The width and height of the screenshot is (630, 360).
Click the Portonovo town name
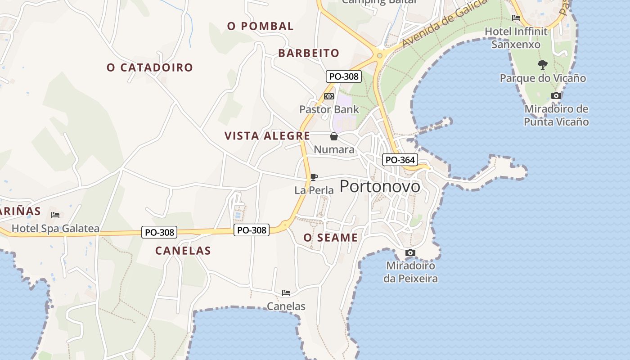(380, 186)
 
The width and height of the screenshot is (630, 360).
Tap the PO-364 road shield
(400, 160)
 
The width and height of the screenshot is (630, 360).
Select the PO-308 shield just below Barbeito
(344, 76)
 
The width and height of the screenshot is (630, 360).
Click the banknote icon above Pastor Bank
(329, 96)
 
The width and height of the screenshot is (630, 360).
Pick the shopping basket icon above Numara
(334, 136)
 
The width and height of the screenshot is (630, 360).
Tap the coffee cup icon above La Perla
(314, 177)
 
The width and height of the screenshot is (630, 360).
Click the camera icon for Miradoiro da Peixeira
(410, 252)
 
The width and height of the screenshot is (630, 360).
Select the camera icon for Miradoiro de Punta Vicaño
(556, 95)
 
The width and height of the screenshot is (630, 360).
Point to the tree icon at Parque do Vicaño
(543, 64)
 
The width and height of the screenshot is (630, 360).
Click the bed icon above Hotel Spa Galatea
(55, 215)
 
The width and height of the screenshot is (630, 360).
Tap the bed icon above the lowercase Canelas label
(286, 293)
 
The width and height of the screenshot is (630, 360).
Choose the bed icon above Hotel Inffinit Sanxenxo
(516, 18)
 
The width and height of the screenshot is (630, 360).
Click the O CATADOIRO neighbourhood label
(150, 67)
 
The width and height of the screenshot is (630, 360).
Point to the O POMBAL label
(260, 26)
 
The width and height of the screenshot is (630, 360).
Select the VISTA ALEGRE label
(267, 136)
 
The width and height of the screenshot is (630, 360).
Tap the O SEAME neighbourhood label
(330, 238)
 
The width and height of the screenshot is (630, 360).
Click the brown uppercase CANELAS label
(183, 251)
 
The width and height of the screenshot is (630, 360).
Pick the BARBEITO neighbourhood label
(309, 53)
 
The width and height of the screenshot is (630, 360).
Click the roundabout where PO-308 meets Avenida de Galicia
(380, 56)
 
